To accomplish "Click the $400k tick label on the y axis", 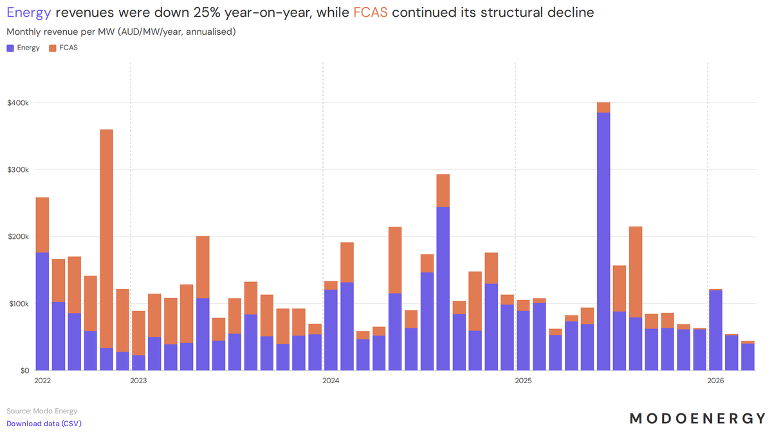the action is [18, 103].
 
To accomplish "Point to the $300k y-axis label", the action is [18, 170].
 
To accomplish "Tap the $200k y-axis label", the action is [18, 237].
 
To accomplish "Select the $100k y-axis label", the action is [18, 304].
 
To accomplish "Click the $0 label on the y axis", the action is [24, 371].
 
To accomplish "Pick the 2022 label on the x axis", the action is [42, 381].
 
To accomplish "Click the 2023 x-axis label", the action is [138, 381].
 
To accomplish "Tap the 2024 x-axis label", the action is [331, 381].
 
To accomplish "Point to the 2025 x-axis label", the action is [523, 381].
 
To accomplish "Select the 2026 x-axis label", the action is [715, 381].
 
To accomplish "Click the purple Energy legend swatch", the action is [10, 48].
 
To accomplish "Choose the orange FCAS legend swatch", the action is [52, 48].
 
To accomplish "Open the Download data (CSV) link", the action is [44, 423].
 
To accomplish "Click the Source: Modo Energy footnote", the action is [42, 411].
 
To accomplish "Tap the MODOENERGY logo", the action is [697, 419].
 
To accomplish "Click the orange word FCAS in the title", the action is [371, 12].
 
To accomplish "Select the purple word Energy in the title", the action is [29, 13].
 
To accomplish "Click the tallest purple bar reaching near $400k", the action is [603, 241].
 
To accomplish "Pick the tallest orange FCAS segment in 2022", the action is [107, 239].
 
